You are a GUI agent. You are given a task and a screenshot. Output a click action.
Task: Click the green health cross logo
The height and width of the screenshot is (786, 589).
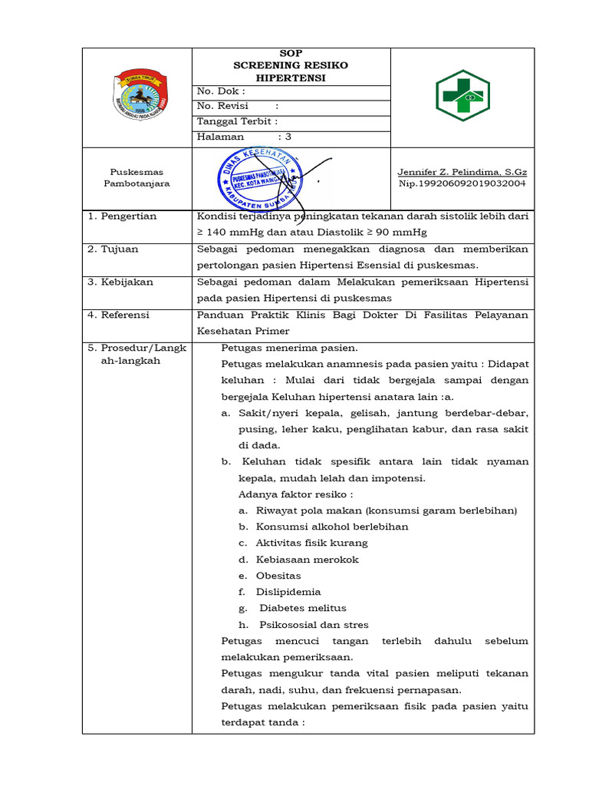pyautogui.click(x=462, y=96)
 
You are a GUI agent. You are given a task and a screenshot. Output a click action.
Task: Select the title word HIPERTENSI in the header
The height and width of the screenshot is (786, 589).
pyautogui.click(x=291, y=78)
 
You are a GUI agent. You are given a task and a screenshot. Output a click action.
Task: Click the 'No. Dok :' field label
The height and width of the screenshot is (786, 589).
pyautogui.click(x=221, y=92)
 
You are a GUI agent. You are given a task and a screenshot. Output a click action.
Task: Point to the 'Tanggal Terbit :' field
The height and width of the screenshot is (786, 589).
pyautogui.click(x=237, y=121)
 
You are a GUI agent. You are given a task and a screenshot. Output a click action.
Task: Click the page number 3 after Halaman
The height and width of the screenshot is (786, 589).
pyautogui.click(x=288, y=137)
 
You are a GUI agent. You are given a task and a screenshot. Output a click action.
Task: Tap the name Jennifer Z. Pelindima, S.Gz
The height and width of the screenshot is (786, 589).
pyautogui.click(x=462, y=172)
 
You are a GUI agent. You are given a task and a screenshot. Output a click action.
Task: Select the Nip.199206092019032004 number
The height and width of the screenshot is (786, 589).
pyautogui.click(x=462, y=184)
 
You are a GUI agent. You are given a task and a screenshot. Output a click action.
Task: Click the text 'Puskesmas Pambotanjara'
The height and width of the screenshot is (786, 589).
pyautogui.click(x=137, y=178)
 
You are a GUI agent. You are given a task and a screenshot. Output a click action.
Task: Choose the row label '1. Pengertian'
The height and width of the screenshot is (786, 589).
pyautogui.click(x=122, y=216)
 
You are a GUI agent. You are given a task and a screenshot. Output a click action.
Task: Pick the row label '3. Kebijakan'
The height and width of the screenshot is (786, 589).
pyautogui.click(x=120, y=282)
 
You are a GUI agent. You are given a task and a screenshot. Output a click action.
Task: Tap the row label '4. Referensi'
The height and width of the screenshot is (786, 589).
pyautogui.click(x=119, y=315)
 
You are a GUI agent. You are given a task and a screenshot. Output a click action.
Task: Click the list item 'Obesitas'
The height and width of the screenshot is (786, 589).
pyautogui.click(x=278, y=576)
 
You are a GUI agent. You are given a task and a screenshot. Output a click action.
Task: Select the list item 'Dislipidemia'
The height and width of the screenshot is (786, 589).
pyautogui.click(x=288, y=592)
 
